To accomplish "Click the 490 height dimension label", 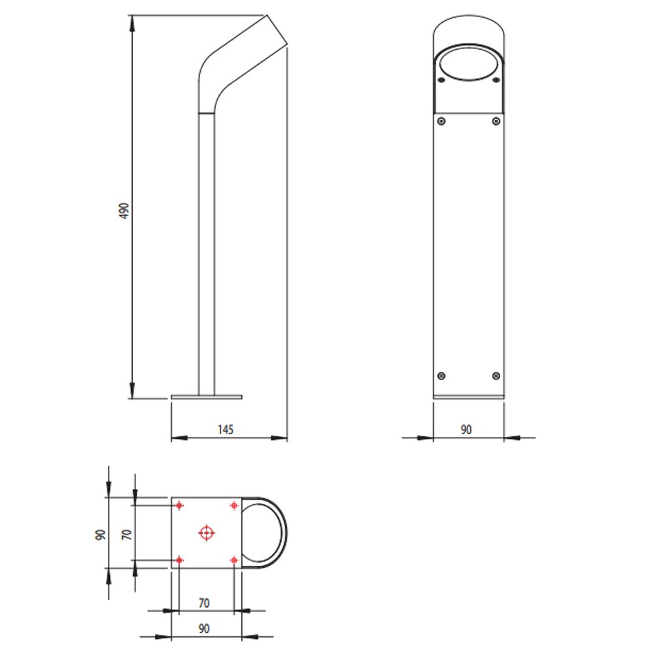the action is click(x=124, y=211).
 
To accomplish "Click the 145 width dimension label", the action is click(x=226, y=430).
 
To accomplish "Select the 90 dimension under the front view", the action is click(x=466, y=430).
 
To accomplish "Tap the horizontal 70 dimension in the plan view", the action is click(x=204, y=603).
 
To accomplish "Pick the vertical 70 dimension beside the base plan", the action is click(x=127, y=534).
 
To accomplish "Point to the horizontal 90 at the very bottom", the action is click(x=204, y=628).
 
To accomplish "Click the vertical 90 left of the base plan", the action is click(x=101, y=535).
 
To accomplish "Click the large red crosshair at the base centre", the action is click(x=207, y=532).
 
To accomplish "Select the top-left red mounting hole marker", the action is click(x=179, y=506).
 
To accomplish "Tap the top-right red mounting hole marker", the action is click(x=234, y=506).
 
